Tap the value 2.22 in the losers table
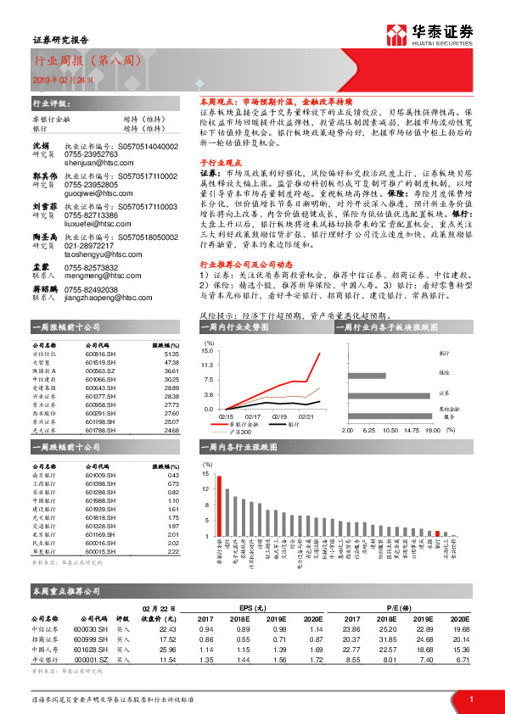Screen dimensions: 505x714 (x=173, y=552)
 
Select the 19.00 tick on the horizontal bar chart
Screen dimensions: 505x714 (x=433, y=430)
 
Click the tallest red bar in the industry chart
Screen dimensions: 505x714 (x=219, y=505)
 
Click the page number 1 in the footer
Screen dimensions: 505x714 (x=471, y=698)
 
